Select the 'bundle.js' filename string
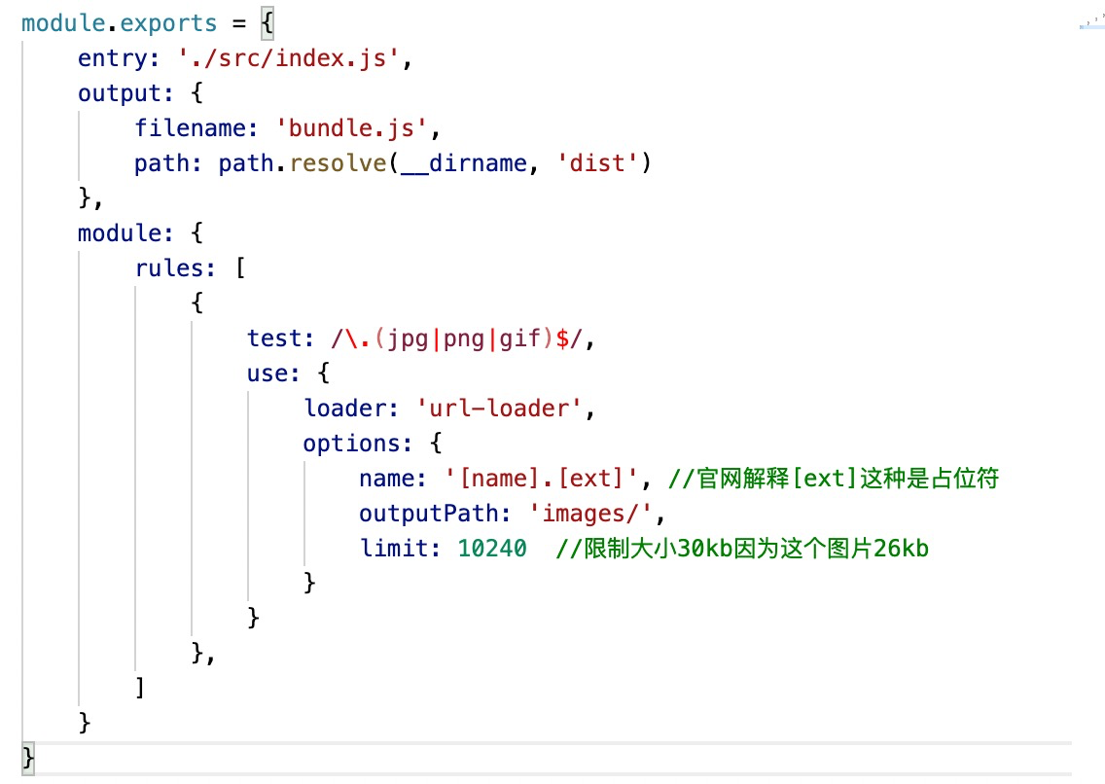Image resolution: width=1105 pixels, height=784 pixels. (359, 128)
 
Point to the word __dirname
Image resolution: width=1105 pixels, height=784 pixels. (464, 163)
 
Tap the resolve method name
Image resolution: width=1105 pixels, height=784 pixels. (339, 163)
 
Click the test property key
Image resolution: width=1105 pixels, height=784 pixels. (275, 339)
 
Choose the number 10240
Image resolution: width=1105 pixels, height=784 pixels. (492, 549)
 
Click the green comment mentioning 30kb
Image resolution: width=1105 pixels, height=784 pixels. (742, 549)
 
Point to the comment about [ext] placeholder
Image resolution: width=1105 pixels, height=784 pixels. (834, 479)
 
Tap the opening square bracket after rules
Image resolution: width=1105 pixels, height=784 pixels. (239, 268)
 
